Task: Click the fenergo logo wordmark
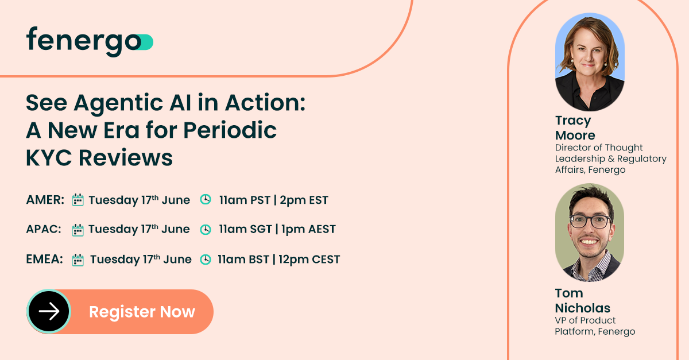[x=83, y=41]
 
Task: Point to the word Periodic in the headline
[x=230, y=130]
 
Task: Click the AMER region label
[x=45, y=200]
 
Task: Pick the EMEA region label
[x=45, y=260]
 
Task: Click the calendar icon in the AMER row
[x=78, y=200]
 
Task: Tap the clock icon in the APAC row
[x=205, y=230]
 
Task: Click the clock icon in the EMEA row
[x=205, y=260]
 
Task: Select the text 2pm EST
[x=304, y=200]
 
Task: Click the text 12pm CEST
[x=309, y=260]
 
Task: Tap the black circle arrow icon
[x=49, y=311]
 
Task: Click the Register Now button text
[x=142, y=312]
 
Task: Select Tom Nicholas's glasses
[x=589, y=221]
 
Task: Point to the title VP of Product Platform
[x=594, y=326]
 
